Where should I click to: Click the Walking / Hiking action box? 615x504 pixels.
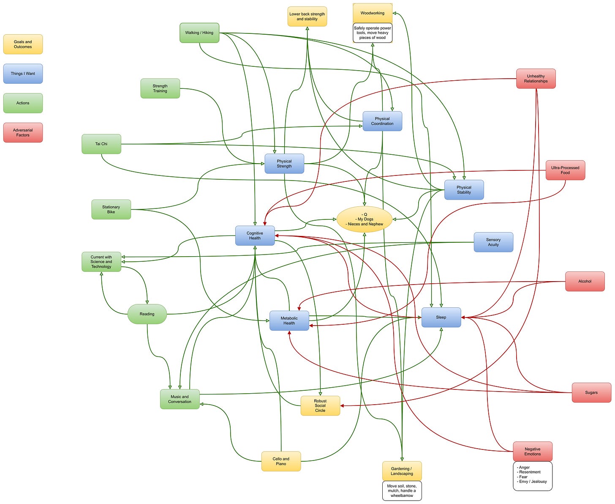click(199, 33)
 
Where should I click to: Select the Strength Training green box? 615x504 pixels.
click(160, 88)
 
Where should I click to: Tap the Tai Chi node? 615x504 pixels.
click(101, 144)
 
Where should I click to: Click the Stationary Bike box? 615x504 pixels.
click(111, 210)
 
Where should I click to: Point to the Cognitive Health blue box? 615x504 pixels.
click(255, 236)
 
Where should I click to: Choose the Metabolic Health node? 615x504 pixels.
click(289, 320)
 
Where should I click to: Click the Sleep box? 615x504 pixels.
click(441, 318)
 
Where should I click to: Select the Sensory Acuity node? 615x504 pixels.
click(493, 242)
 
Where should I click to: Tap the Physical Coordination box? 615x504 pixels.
click(382, 121)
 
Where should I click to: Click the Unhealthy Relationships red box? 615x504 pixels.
click(536, 79)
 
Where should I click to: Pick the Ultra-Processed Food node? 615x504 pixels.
click(565, 170)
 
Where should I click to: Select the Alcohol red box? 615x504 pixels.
click(585, 282)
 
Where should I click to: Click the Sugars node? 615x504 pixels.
click(591, 393)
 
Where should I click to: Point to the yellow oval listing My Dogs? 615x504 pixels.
click(365, 219)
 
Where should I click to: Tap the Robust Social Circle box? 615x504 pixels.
click(320, 406)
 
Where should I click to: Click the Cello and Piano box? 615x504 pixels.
click(281, 461)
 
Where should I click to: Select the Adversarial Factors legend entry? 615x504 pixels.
click(23, 133)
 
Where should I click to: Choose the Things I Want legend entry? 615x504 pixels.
click(23, 74)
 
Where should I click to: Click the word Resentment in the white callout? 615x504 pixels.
click(530, 472)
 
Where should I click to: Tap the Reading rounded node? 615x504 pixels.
click(147, 314)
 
